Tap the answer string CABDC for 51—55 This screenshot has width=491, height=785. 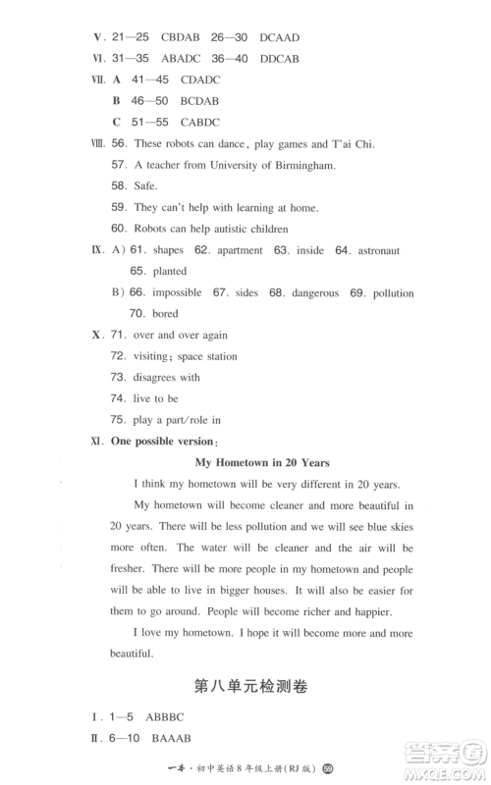pyautogui.click(x=197, y=122)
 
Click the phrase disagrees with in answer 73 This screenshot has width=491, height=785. pyautogui.click(x=168, y=377)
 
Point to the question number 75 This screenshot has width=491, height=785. pyautogui.click(x=118, y=420)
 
